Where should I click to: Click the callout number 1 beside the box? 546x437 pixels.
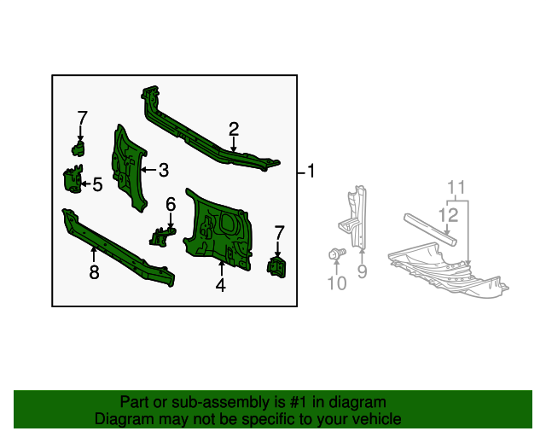pyautogui.click(x=311, y=172)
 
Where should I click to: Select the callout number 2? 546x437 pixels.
pyautogui.click(x=233, y=129)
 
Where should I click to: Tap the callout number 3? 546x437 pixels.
pyautogui.click(x=163, y=170)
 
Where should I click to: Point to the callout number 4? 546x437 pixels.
pyautogui.click(x=220, y=286)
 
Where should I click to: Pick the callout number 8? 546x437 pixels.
pyautogui.click(x=94, y=272)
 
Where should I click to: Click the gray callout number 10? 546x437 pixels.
pyautogui.click(x=337, y=283)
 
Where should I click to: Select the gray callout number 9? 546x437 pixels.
pyautogui.click(x=362, y=272)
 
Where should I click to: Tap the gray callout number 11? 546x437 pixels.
pyautogui.click(x=456, y=187)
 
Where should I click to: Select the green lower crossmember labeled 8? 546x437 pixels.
pyautogui.click(x=119, y=247)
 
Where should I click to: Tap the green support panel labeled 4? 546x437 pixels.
pyautogui.click(x=218, y=230)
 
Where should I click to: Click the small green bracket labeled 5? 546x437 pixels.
pyautogui.click(x=72, y=180)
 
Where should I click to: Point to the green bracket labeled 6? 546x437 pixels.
pyautogui.click(x=162, y=236)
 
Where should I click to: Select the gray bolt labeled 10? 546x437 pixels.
pyautogui.click(x=336, y=253)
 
